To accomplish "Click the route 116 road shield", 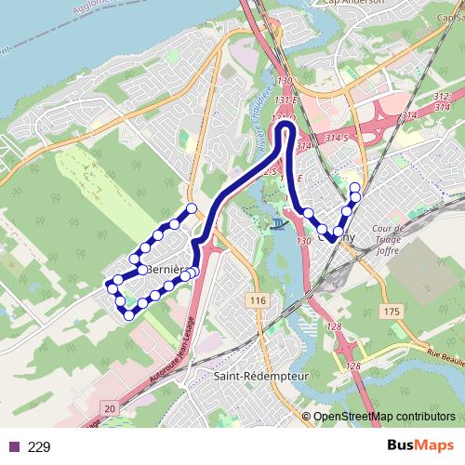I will point(258,300).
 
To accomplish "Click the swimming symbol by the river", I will point(277,224).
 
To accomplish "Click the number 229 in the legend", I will point(39,446).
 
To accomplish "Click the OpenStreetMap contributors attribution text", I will point(383,418).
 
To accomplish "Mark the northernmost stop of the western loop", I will point(193,207).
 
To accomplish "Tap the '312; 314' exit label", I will point(442,101).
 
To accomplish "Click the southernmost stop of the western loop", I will point(127,312).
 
